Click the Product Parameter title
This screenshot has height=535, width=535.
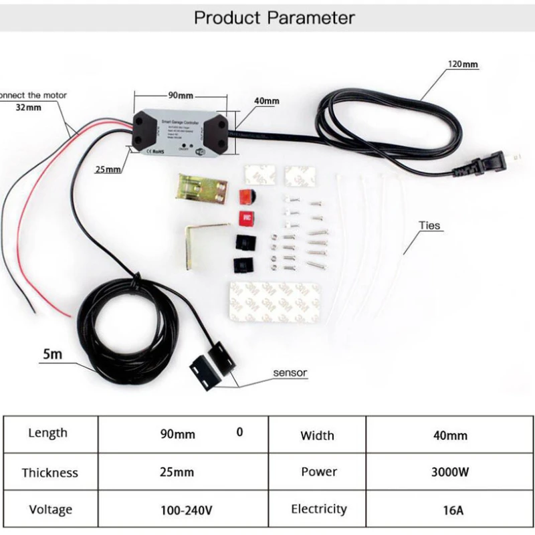coord(274,17)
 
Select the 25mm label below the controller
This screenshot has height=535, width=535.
coord(108,169)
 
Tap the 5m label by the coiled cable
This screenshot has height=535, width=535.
coord(52,354)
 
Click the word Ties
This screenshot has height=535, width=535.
coord(430,225)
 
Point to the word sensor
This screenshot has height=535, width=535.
coord(290,372)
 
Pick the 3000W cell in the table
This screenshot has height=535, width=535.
coord(450,472)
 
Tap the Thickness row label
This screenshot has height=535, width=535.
coord(49,473)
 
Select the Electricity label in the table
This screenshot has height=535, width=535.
coord(319,510)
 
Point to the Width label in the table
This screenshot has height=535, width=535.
coord(317,436)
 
